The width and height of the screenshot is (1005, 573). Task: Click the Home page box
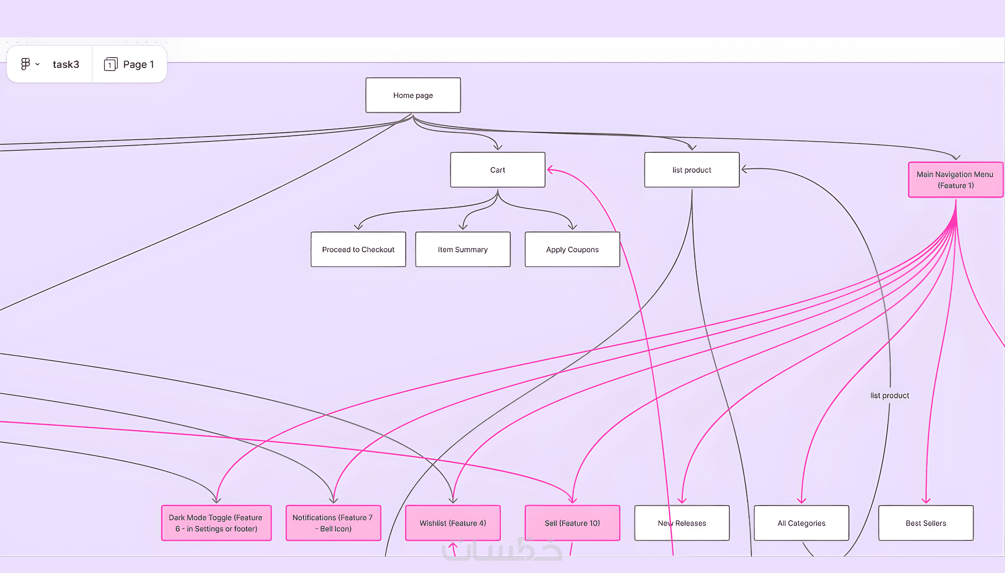click(x=413, y=95)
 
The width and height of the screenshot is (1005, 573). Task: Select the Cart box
click(x=497, y=170)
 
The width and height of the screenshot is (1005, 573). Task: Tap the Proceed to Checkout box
click(x=358, y=249)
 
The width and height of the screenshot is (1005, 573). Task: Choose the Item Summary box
click(x=463, y=249)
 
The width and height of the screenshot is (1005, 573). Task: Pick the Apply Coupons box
click(x=572, y=249)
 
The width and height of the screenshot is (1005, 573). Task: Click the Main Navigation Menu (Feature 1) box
click(x=955, y=180)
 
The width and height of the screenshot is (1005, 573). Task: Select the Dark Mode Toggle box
click(x=216, y=523)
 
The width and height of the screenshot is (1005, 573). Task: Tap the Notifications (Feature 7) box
click(x=333, y=523)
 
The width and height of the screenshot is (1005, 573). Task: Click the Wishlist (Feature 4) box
click(x=453, y=523)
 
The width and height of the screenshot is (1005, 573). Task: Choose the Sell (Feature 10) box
click(x=572, y=523)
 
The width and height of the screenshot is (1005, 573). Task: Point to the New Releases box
click(x=682, y=523)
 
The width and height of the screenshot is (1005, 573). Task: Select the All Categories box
click(x=801, y=523)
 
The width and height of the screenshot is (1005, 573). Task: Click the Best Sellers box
click(x=925, y=523)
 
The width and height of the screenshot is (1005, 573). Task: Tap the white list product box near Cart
click(x=692, y=170)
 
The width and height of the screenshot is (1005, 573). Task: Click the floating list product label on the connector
click(x=889, y=395)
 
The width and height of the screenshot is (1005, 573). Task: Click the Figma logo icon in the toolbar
click(x=25, y=64)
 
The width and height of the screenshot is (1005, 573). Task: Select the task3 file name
click(x=66, y=64)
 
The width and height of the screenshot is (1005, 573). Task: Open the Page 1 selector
click(x=129, y=64)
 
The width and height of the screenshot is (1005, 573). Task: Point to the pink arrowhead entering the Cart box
click(x=550, y=170)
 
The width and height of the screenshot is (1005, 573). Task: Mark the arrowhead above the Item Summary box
click(x=463, y=226)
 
